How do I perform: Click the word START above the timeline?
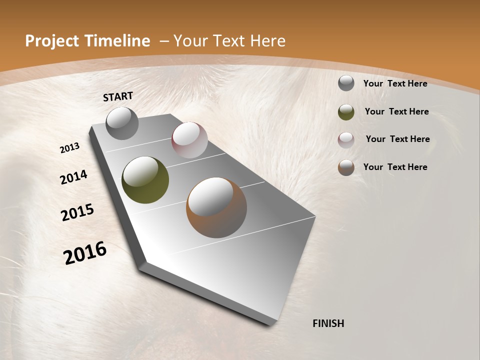coord(118,96)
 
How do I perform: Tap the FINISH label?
coord(328,323)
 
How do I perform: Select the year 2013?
coord(70,148)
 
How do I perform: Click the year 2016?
coord(85,253)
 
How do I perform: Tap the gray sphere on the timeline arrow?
coord(122,123)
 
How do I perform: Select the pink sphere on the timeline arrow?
coord(189,140)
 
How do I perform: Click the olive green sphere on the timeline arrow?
coord(145,180)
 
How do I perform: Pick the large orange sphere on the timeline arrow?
coord(216,207)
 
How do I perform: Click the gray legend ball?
coord(346,83)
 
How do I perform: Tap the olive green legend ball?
coord(346,111)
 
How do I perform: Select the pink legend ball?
coord(346,139)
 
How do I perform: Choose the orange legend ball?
coord(346,167)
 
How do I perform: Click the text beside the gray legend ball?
coord(395,83)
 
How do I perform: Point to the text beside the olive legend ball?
coord(396,111)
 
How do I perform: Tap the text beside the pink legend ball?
coord(397,139)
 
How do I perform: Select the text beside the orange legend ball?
coord(395,167)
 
